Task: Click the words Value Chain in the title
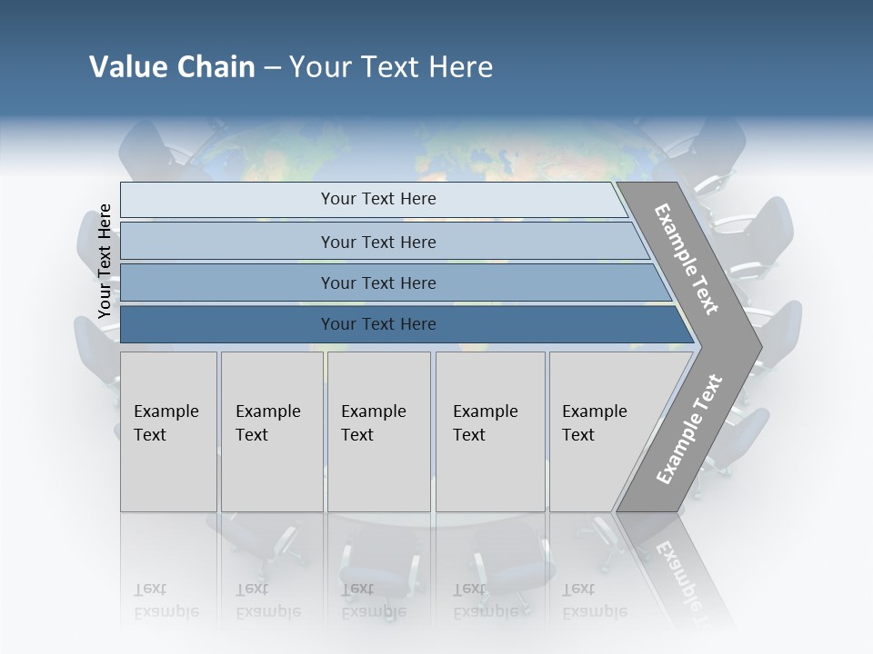172,67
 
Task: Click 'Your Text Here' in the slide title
391,67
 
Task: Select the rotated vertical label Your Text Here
105,261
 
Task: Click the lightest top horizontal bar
227,200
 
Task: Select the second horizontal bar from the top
227,242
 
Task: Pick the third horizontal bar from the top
227,282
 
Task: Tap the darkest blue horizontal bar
227,324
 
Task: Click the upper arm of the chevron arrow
687,259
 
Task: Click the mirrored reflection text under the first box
166,600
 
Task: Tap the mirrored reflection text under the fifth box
593,600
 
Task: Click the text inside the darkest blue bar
378,324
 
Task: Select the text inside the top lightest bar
378,199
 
